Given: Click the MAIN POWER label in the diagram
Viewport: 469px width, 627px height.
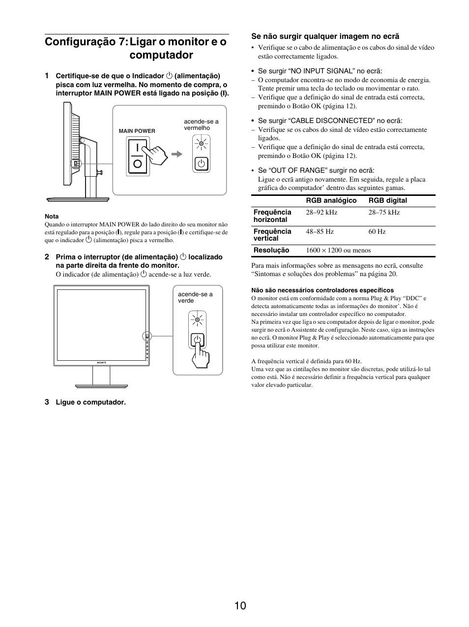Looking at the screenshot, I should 137,131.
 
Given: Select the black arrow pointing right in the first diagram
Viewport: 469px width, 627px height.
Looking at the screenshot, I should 176,154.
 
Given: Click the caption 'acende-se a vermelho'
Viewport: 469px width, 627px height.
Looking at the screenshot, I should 201,125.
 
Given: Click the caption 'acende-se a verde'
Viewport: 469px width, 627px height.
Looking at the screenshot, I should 195,297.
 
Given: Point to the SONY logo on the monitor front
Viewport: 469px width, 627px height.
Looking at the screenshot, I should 101,363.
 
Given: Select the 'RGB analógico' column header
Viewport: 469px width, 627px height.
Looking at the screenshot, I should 331,200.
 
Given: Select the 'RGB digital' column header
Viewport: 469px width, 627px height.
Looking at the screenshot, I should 387,200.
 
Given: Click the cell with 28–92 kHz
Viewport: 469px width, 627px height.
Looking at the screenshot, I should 322,212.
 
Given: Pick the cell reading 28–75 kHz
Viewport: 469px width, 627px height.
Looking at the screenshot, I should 384,212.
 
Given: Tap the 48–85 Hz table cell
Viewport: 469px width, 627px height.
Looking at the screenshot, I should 320,231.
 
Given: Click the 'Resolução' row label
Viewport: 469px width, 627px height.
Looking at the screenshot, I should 271,250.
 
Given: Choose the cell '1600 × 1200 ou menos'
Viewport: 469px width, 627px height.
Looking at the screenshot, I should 338,250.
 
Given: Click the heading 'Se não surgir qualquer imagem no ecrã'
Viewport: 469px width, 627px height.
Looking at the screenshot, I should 325,36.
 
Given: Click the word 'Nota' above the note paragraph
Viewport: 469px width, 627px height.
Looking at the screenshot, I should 52,216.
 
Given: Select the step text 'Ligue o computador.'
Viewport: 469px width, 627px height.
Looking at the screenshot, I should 90,402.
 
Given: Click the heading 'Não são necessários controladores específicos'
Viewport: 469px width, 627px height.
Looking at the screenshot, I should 322,290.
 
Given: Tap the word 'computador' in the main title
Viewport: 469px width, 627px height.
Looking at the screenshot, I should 161,55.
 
